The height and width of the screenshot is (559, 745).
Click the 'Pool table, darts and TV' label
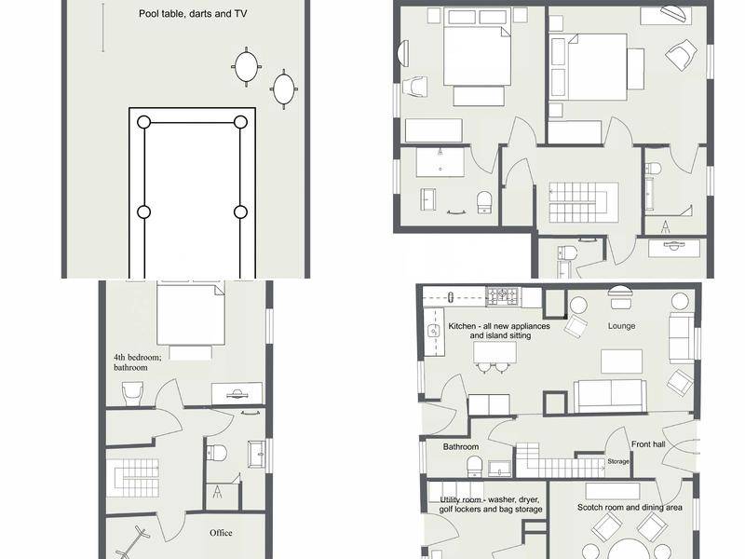193,14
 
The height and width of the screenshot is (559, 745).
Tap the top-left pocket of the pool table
144,122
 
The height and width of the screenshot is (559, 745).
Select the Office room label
221,533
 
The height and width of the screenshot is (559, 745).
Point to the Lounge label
621,326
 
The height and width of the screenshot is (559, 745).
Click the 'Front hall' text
648,444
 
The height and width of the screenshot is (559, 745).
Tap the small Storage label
618,461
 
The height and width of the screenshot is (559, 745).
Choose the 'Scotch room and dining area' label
630,508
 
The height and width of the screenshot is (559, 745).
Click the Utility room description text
491,504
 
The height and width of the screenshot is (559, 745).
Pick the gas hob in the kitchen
503,295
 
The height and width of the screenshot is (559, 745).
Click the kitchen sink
433,331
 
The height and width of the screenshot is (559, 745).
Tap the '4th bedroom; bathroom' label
137,362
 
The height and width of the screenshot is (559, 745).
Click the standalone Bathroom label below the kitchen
460,447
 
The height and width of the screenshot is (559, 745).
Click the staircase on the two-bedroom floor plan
584,202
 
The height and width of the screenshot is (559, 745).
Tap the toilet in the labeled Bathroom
474,467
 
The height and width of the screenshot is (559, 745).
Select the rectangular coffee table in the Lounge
621,361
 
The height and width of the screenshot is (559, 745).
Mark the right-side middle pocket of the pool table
240,212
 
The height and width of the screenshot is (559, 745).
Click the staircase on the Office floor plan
132,478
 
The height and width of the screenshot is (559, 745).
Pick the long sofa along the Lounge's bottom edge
610,395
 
